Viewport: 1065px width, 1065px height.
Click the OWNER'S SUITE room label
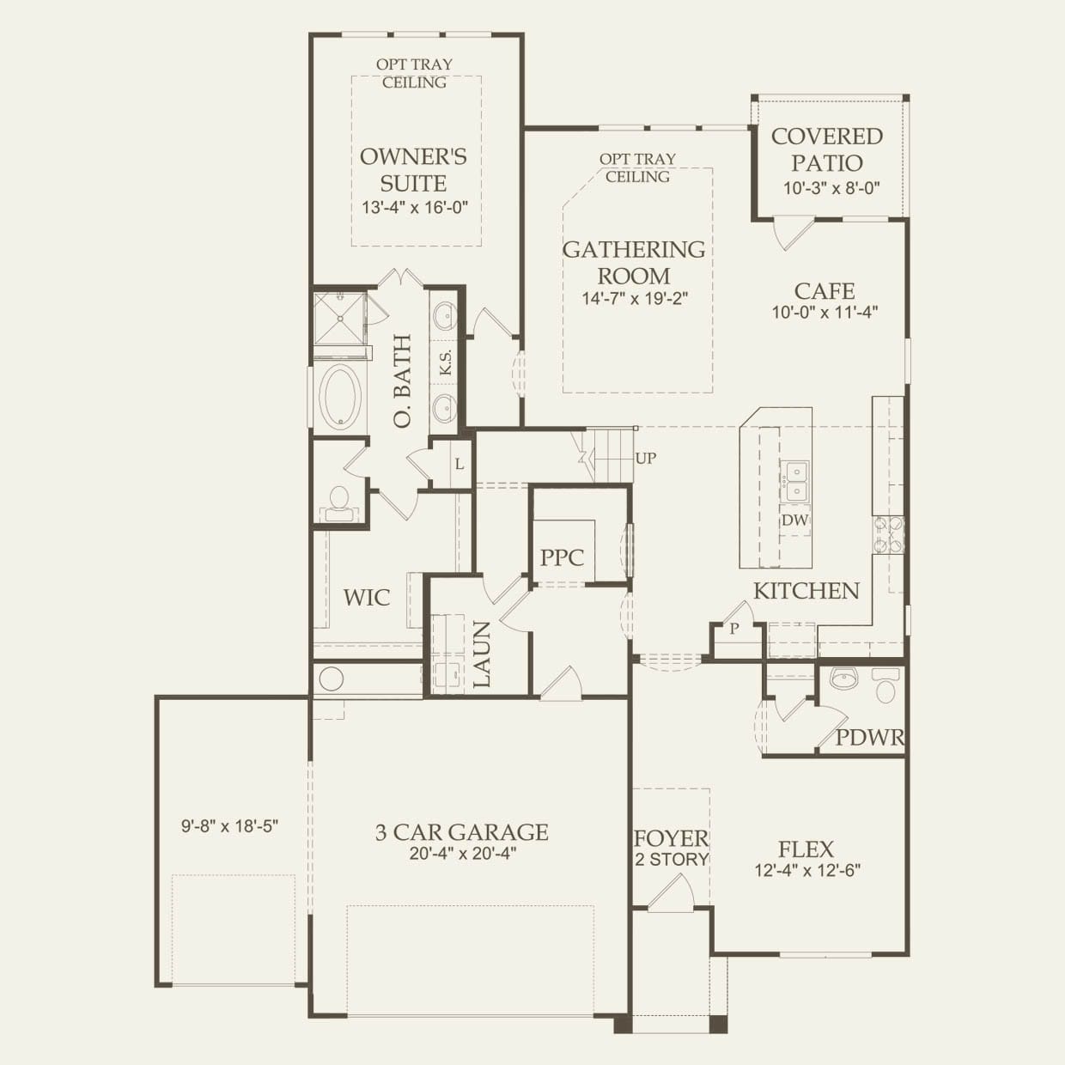(x=413, y=170)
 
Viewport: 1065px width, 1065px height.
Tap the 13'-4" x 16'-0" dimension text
(x=415, y=208)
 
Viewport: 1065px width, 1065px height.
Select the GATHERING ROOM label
(x=634, y=263)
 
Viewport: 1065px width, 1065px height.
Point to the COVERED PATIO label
(x=827, y=149)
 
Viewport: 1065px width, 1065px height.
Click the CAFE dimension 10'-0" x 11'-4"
(x=825, y=313)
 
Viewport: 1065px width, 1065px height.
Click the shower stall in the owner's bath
(x=340, y=319)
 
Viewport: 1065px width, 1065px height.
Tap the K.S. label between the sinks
(x=446, y=362)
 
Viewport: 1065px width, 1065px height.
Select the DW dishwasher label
(x=794, y=520)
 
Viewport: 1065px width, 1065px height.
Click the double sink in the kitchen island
(x=795, y=480)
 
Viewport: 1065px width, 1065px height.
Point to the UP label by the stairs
(x=645, y=458)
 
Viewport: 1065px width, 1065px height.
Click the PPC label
(x=562, y=557)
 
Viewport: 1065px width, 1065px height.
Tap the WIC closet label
(x=366, y=598)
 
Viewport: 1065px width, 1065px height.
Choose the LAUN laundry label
(x=481, y=655)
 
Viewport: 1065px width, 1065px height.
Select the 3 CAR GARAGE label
(x=462, y=831)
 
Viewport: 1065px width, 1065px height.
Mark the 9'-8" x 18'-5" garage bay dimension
(x=229, y=826)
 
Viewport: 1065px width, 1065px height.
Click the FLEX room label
(x=806, y=849)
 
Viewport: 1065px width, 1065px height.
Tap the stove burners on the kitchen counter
(x=887, y=535)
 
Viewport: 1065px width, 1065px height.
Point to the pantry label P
(x=734, y=629)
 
